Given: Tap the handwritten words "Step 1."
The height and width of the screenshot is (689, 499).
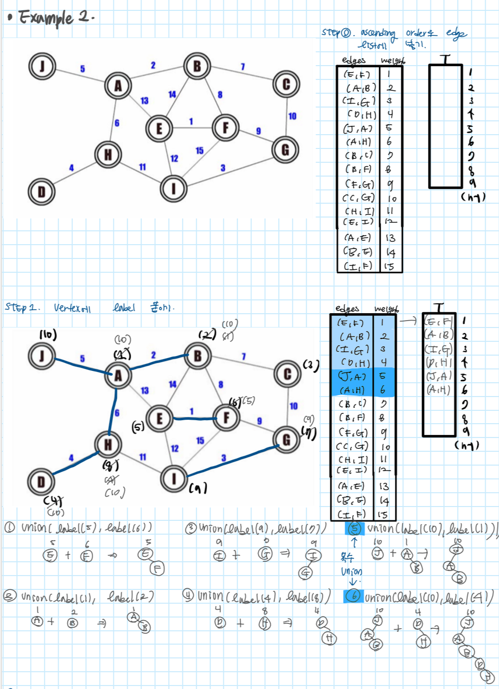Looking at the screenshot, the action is click(22, 307).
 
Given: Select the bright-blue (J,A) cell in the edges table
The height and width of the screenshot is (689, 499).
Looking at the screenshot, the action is click(352, 376).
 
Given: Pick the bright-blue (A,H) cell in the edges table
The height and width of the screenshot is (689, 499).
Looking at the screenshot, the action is click(352, 390).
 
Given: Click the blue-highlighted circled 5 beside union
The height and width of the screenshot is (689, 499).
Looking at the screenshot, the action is click(354, 529).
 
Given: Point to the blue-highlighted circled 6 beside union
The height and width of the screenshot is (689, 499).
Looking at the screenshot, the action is click(353, 596).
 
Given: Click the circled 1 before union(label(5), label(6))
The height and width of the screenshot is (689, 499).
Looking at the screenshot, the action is click(10, 527).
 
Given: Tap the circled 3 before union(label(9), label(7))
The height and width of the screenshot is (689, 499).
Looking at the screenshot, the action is click(191, 529).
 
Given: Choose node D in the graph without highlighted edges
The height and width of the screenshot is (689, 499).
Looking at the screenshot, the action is click(41, 192).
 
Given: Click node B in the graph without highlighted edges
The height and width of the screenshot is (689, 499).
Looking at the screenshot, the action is click(197, 66).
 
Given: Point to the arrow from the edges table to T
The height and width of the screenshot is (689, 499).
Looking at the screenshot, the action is click(408, 321).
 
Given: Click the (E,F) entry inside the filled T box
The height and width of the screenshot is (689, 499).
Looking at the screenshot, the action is click(438, 322).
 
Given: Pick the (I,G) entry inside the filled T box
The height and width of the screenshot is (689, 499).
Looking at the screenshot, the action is click(438, 349).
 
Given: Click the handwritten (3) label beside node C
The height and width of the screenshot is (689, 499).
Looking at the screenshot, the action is click(310, 365).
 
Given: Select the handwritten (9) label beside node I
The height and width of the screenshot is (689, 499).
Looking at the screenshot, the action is click(198, 488).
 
